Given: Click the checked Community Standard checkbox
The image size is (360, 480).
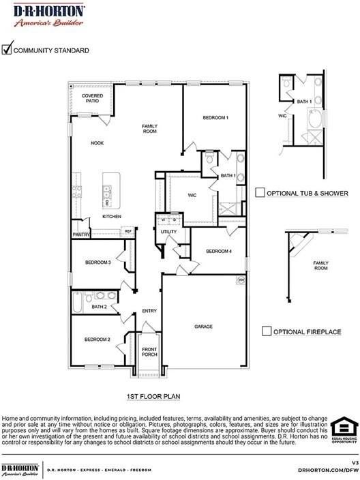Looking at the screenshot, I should click(x=7, y=49).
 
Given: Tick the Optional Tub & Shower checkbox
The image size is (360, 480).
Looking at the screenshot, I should click(x=260, y=193).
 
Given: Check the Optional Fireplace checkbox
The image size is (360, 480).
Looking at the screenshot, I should click(x=267, y=331).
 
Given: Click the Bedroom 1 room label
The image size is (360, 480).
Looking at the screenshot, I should click(x=215, y=118).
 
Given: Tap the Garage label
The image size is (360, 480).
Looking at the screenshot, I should click(x=204, y=327).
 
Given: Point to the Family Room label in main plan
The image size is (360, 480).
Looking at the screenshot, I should click(x=149, y=128).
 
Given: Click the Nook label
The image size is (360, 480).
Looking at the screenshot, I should click(x=97, y=143).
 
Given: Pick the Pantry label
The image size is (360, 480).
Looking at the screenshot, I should click(x=81, y=235).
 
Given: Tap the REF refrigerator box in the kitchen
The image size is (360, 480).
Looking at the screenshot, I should click(x=127, y=232).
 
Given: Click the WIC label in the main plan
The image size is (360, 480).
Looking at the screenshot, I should click(x=192, y=195).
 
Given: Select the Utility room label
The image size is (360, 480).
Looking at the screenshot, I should click(x=168, y=232).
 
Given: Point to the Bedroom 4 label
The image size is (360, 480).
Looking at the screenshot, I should click(x=219, y=252).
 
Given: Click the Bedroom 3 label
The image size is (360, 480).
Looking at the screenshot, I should click(x=97, y=262).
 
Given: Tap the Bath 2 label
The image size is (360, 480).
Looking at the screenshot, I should click(x=99, y=307).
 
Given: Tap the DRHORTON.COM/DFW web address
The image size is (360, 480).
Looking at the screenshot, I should click(x=328, y=470).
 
